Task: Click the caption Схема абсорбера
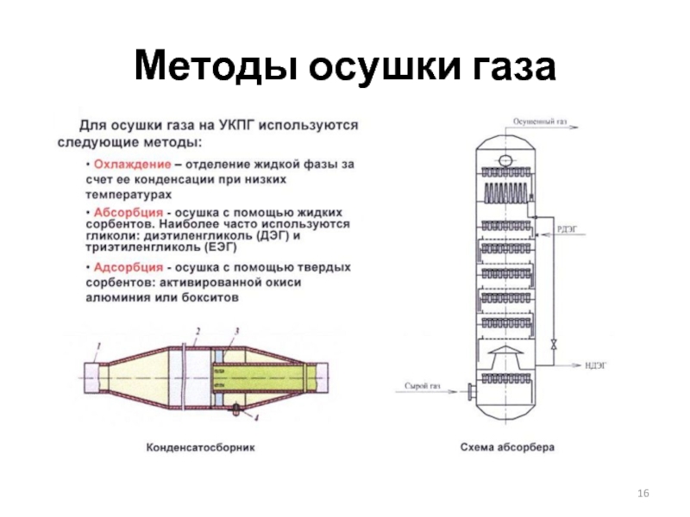pyautogui.click(x=507, y=448)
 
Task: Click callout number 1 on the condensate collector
pyautogui.click(x=97, y=346)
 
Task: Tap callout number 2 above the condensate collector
pyautogui.click(x=198, y=331)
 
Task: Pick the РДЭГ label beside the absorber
pyautogui.click(x=567, y=228)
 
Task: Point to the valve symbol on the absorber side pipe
pyautogui.click(x=554, y=346)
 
